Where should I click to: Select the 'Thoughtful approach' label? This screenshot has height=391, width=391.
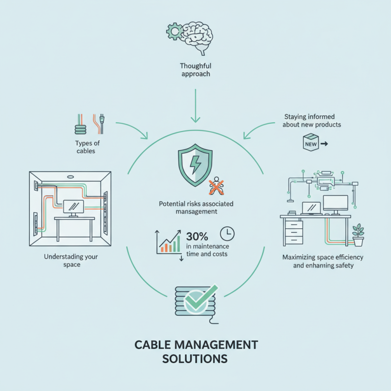[195, 70]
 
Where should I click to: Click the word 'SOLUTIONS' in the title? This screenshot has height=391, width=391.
[195, 358]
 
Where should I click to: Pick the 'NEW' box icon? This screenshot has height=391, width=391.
[311, 144]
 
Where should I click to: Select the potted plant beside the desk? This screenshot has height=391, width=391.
[359, 235]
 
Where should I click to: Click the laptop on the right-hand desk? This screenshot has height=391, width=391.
[311, 208]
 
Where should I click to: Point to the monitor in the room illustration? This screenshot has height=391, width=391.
[73, 208]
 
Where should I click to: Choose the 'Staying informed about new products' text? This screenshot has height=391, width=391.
[313, 121]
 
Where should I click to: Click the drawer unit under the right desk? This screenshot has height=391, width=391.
[292, 233]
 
